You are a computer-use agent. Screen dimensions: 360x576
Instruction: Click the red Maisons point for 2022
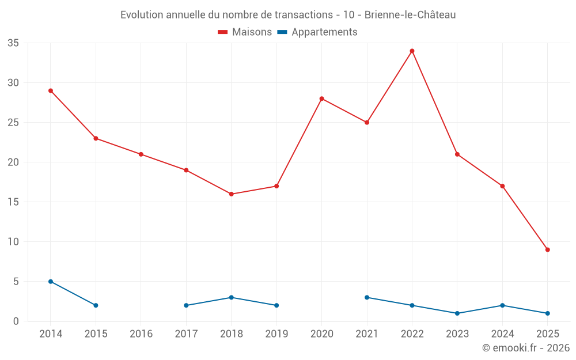coord(412,51)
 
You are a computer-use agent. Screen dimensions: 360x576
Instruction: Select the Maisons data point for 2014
coord(51,91)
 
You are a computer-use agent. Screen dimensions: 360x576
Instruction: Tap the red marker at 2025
coord(548,250)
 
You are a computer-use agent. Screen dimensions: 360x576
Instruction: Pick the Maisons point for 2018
coord(231,194)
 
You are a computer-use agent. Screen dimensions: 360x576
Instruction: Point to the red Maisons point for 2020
coord(321,98)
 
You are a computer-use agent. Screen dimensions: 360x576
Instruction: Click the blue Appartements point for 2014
coord(51,282)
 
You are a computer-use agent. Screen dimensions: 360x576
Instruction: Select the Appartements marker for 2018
coord(231,298)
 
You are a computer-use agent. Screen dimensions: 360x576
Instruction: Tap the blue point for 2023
coord(457,313)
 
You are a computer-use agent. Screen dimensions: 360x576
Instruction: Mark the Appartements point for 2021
coord(367,298)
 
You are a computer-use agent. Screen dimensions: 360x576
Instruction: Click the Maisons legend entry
coord(245,32)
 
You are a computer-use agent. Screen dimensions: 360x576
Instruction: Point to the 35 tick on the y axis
coord(13,43)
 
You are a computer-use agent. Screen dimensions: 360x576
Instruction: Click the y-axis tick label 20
coord(13,162)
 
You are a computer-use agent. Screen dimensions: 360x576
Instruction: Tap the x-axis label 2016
coord(141,334)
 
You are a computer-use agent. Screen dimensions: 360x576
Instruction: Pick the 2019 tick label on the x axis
coord(276,334)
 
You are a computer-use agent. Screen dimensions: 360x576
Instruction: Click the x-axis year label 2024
coord(502,334)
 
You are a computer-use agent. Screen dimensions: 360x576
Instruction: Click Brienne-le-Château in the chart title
coord(410,15)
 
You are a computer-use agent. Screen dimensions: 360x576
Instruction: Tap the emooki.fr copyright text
coord(525,348)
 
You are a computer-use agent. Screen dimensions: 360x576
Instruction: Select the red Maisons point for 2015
coord(96,138)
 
